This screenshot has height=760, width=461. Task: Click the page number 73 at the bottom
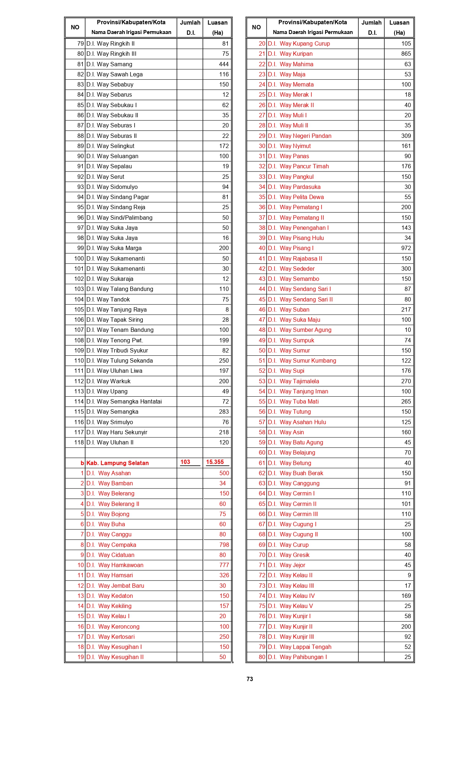click(249, 679)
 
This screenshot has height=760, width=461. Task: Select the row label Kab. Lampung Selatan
click(118, 463)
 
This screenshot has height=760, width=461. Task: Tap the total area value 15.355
click(215, 462)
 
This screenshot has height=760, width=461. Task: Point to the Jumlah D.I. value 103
click(185, 462)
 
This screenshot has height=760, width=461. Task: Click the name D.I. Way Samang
click(109, 64)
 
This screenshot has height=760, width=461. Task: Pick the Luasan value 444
click(223, 64)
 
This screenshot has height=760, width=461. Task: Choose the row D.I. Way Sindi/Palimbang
click(119, 218)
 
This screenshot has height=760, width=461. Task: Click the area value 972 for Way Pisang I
click(406, 248)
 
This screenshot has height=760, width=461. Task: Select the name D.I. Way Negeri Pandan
click(299, 136)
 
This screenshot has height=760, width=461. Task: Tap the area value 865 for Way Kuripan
click(406, 54)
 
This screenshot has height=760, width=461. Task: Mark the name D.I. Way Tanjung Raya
click(116, 309)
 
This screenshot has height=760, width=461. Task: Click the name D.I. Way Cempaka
click(111, 545)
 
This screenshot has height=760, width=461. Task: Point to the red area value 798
click(224, 545)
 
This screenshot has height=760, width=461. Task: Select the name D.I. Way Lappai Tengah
click(299, 647)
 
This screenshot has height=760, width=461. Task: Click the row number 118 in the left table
click(79, 442)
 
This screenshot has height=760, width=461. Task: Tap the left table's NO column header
click(75, 28)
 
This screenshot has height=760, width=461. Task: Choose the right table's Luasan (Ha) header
click(399, 28)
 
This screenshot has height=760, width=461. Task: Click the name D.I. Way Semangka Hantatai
click(124, 401)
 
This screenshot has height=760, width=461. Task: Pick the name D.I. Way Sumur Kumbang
click(302, 360)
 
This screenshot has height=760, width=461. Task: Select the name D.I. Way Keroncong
click(113, 626)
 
